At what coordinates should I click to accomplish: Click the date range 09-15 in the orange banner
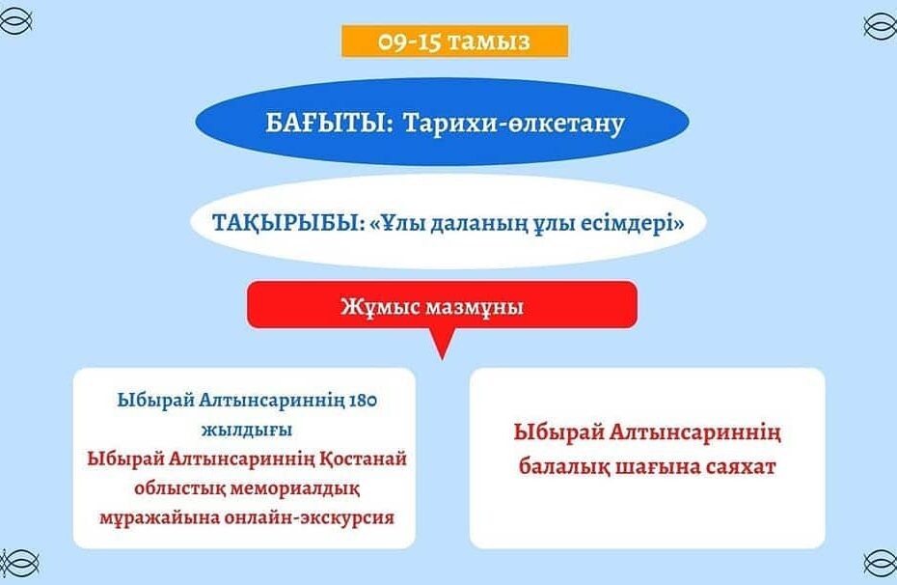pos(408,42)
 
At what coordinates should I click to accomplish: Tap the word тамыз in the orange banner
pos(489,42)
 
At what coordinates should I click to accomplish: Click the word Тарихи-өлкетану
pos(514,123)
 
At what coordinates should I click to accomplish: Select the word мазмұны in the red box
pos(476,307)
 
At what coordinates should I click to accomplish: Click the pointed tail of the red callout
pos(442,358)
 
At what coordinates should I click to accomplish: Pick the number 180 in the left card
pos(363,400)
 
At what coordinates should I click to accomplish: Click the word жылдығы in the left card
pos(247,430)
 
